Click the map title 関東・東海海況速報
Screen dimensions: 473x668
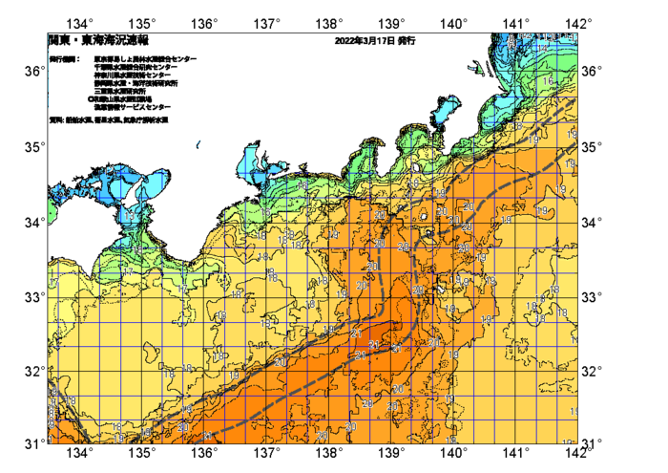[98, 41]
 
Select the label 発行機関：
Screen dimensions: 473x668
[64, 59]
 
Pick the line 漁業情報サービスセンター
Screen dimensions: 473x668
[132, 106]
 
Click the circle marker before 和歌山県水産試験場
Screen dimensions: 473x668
[91, 98]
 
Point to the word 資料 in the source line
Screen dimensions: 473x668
[55, 119]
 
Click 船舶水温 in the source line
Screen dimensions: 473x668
[78, 119]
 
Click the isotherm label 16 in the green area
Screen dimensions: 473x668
[547, 82]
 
